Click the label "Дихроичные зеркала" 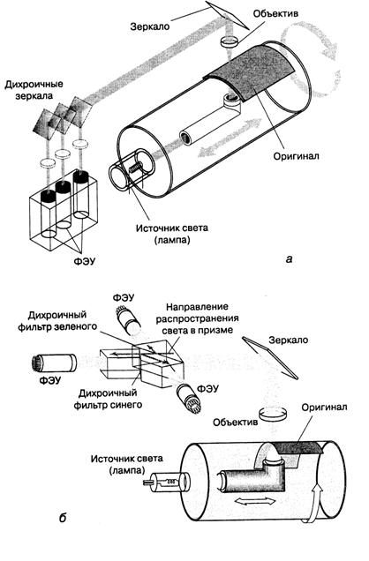click(34, 89)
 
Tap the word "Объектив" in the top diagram click(275, 14)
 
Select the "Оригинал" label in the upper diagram click(296, 156)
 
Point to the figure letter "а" click(290, 258)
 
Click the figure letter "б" click(63, 518)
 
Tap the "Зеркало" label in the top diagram click(150, 26)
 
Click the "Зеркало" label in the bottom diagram click(289, 340)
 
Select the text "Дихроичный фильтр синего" click(108, 399)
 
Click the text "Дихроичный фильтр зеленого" click(57, 320)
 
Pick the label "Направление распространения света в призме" click(197, 318)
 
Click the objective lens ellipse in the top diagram click(230, 42)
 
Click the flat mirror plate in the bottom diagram click(270, 357)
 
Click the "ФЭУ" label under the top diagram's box click(85, 262)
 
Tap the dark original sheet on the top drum click(252, 72)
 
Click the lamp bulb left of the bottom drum click(166, 482)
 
